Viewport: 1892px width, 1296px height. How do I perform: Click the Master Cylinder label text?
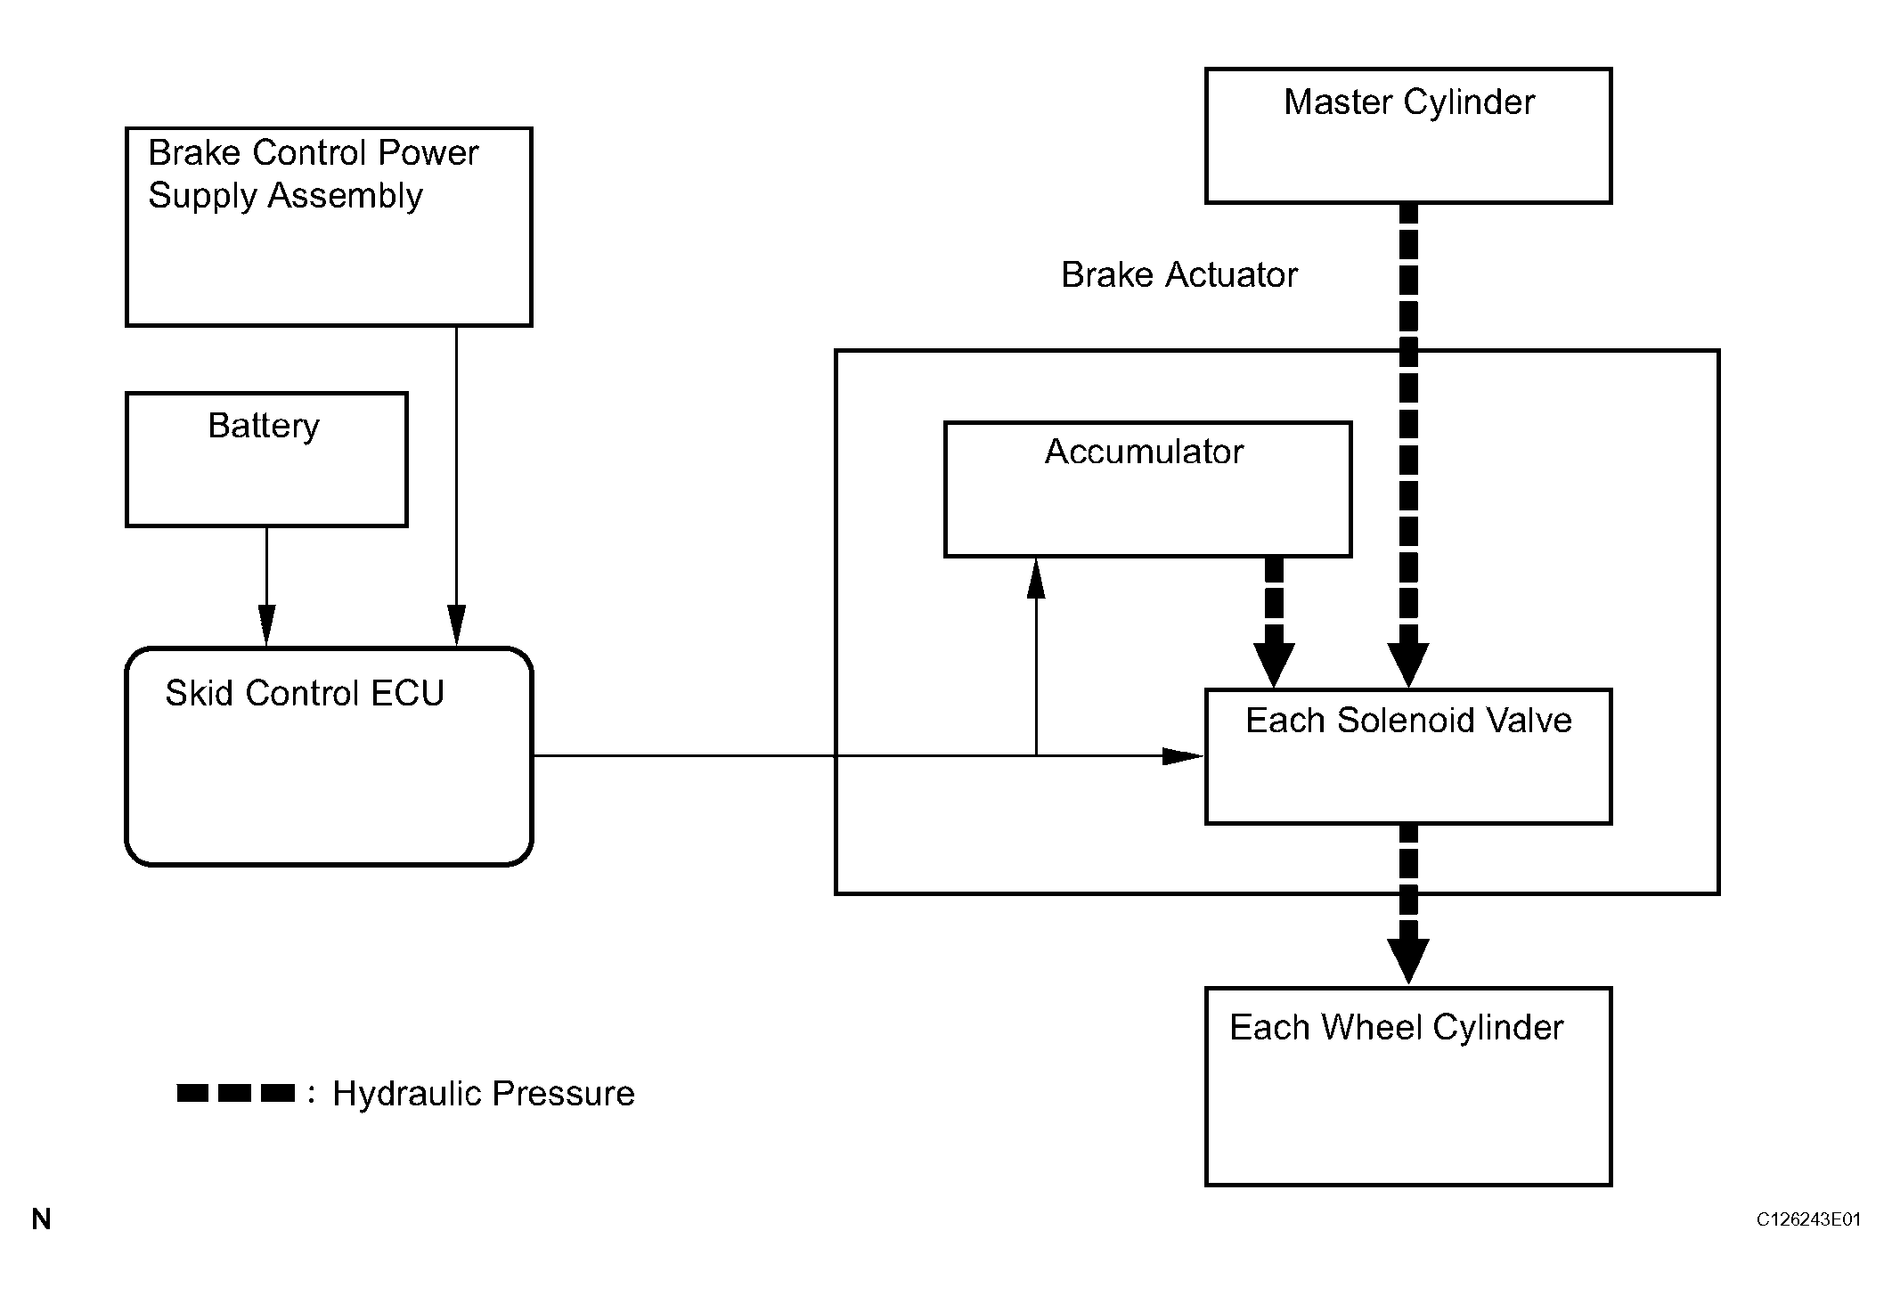[1408, 102]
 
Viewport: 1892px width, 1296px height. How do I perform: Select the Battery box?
[266, 460]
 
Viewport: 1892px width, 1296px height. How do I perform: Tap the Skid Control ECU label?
[305, 694]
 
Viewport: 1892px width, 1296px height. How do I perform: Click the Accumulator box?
[1147, 490]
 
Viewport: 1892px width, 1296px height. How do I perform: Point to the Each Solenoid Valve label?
[1408, 721]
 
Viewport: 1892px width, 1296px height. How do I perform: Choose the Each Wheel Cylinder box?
[1408, 1087]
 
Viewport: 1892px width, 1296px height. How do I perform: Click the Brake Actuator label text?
[1178, 275]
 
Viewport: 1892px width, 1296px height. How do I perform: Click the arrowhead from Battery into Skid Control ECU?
[266, 625]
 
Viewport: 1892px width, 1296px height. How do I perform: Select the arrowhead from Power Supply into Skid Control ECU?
[456, 625]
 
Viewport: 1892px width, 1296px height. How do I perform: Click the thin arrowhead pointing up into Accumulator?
[1035, 579]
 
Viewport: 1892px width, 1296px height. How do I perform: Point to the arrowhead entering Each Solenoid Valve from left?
[1183, 756]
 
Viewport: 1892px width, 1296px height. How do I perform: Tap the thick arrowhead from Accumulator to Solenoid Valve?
[1275, 664]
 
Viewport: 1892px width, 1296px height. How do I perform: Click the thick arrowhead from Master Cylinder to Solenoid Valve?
[1408, 664]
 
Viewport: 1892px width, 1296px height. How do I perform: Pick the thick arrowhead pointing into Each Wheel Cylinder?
[1408, 960]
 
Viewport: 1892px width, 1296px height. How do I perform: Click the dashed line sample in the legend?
[235, 1093]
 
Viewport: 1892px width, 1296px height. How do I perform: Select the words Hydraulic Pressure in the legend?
[483, 1094]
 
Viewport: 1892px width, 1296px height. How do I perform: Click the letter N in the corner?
[41, 1219]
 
